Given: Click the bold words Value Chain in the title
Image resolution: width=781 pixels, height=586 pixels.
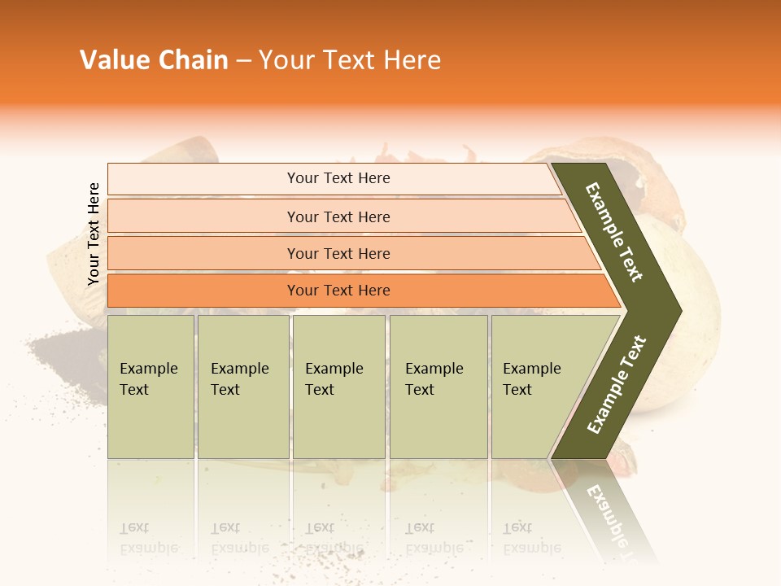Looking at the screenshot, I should (154, 60).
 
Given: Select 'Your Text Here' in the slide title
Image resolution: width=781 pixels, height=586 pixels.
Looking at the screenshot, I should (350, 60).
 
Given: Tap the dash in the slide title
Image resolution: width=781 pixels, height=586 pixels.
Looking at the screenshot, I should (243, 61).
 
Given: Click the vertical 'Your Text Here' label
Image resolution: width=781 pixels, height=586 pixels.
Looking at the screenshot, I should (94, 234).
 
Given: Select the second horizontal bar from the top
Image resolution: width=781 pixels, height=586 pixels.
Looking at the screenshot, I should (338, 216).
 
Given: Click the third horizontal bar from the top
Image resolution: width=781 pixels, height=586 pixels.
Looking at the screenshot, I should (338, 253).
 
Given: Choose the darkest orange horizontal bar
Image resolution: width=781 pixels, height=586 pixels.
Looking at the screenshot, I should (338, 291).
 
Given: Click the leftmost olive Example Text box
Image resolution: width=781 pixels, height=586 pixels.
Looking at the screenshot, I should (151, 386).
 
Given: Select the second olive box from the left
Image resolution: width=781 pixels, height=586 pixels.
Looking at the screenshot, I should (242, 386).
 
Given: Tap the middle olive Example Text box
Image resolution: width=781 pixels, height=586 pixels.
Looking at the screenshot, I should (338, 386).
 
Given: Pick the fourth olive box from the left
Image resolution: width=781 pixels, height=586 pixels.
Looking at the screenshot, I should (438, 386).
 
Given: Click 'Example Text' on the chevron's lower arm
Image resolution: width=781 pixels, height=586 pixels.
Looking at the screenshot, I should (617, 384).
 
